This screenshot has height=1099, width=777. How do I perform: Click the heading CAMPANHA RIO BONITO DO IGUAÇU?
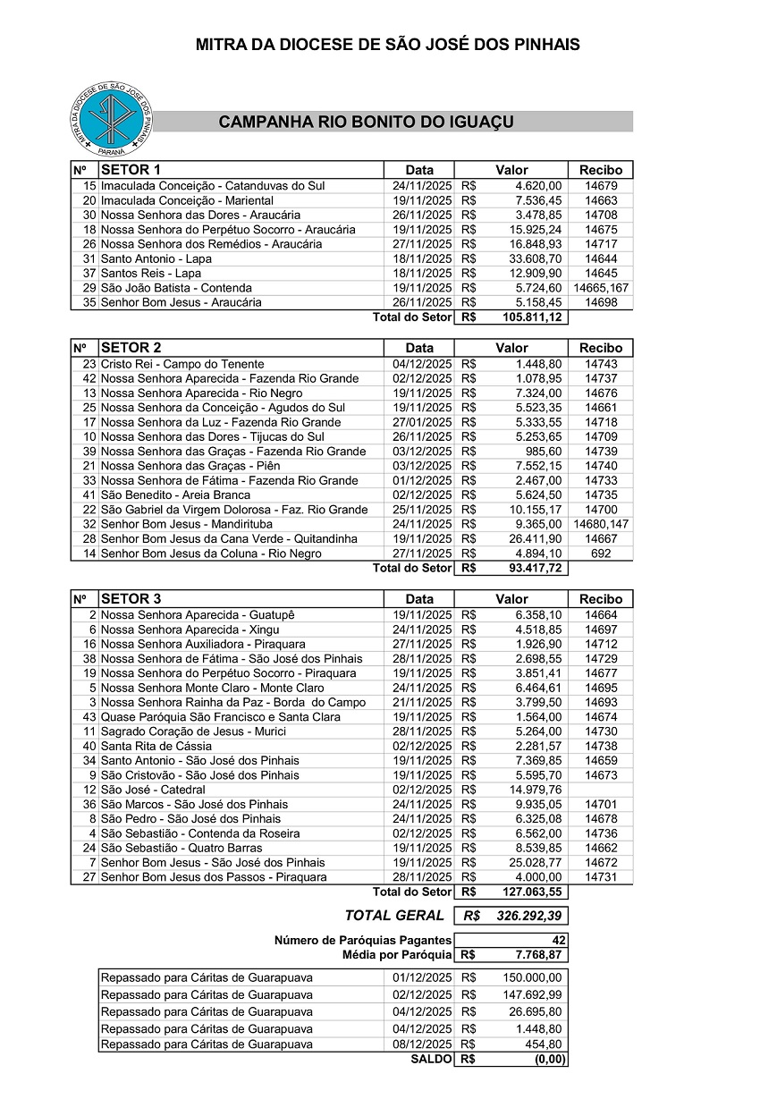point(366,123)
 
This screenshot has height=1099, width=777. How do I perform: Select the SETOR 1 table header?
point(131,170)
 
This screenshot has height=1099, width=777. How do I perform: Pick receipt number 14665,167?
point(601,288)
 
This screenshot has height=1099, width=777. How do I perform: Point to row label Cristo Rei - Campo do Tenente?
point(182,364)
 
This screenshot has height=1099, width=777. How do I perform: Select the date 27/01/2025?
point(419,422)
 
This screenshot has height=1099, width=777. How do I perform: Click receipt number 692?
point(601,554)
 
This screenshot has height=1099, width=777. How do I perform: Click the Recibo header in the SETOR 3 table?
point(601,599)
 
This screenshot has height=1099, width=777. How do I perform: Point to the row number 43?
point(89,717)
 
